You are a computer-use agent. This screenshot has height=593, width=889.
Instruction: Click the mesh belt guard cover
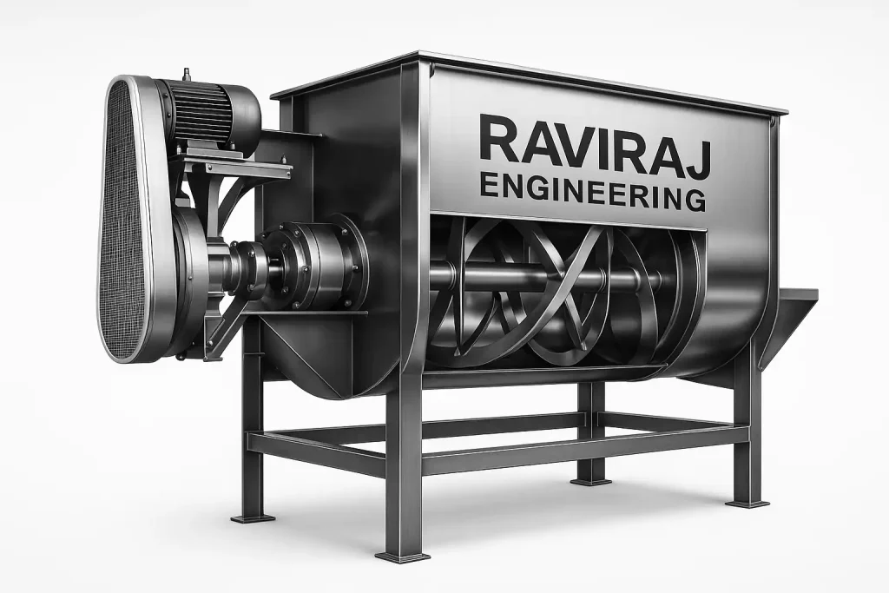tap(127, 217)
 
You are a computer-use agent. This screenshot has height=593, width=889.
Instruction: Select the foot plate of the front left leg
tap(253, 517)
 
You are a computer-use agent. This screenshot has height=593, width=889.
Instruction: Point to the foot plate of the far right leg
tap(747, 503)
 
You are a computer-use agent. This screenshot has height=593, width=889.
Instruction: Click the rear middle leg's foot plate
tap(591, 479)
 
